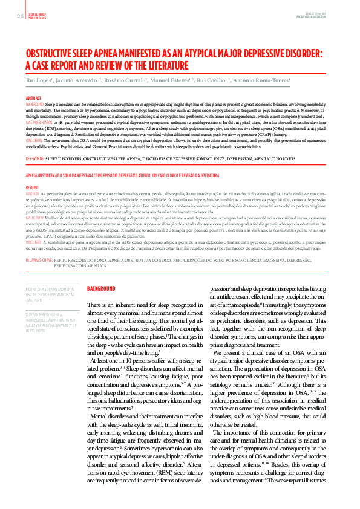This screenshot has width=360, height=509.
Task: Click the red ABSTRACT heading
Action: tap(33, 97)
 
